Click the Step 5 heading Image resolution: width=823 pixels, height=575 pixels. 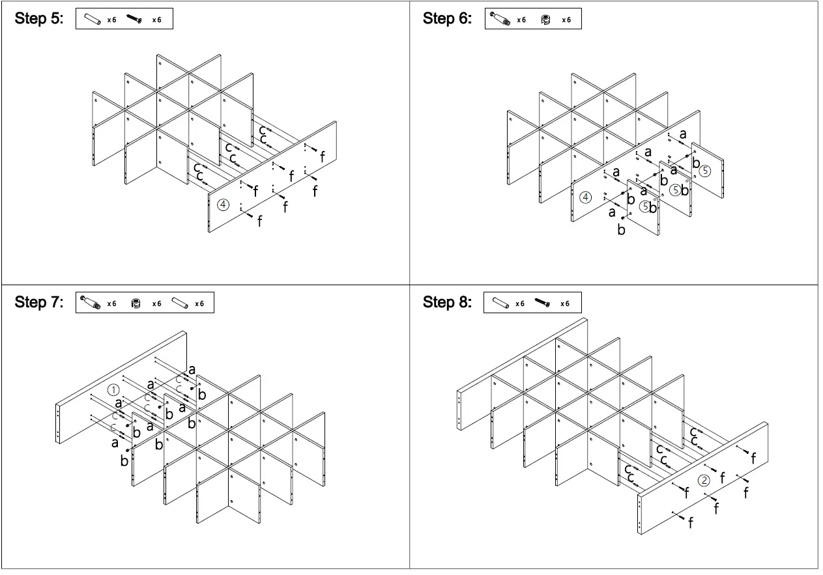click(39, 19)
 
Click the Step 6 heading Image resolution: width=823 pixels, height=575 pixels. click(447, 19)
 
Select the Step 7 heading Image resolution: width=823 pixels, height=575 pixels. click(39, 303)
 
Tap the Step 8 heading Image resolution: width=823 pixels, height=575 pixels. click(447, 303)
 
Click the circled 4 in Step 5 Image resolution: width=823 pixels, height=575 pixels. click(223, 205)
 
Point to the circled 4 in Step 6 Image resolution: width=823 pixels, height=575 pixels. click(586, 197)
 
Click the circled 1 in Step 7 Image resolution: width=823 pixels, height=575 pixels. click(113, 390)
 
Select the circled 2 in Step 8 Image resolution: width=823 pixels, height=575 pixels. click(704, 481)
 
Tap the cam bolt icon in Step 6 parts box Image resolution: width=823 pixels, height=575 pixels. click(500, 20)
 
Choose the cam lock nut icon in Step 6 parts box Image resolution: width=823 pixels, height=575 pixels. click(546, 20)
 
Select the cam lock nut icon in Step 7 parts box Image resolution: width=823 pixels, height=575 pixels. click(136, 303)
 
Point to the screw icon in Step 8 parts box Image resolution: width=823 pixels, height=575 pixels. click(543, 303)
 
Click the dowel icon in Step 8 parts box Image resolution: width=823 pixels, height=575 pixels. click(500, 303)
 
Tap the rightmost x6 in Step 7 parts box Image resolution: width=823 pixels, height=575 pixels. click(199, 304)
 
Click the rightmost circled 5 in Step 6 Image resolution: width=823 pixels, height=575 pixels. click(706, 171)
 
